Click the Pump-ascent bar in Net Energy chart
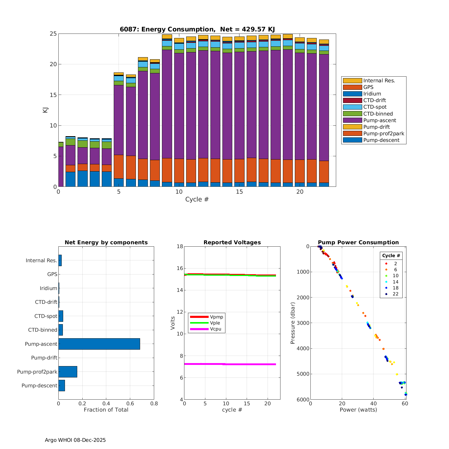point(99,344)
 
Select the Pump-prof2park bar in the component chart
point(68,372)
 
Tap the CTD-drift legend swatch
point(352,100)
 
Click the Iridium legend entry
point(372,94)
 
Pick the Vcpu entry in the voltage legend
point(216,329)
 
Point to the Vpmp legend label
point(216,317)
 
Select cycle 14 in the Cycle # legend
point(395,282)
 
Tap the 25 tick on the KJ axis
point(53,34)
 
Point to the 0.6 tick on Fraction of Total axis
point(130,403)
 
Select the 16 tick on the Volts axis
point(179,268)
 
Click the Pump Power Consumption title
point(358,242)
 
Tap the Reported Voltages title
point(232,242)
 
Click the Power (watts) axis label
point(358,410)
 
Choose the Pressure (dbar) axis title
point(293,323)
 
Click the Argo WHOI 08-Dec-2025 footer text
point(75,440)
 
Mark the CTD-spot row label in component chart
point(46,316)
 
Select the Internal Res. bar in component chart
point(60,260)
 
